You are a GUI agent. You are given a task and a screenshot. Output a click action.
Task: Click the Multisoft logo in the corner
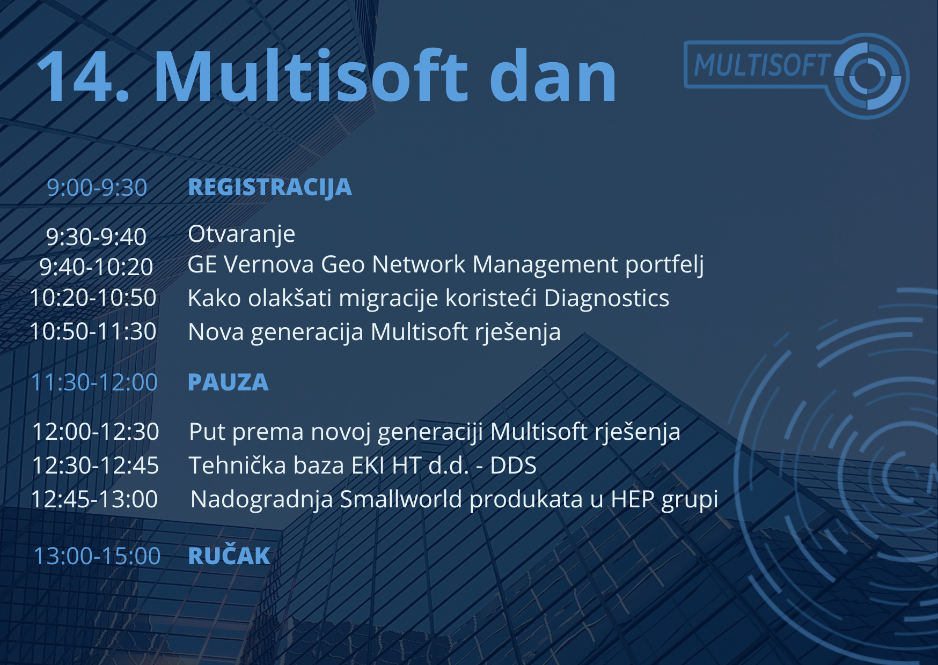pos(796,75)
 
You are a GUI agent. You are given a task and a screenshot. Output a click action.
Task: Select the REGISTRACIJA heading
pos(270,188)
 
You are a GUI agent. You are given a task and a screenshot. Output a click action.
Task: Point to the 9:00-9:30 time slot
pos(97,188)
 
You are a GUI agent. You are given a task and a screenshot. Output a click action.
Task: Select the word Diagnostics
pos(606,298)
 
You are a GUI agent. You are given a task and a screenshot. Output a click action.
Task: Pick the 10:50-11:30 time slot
pos(93,331)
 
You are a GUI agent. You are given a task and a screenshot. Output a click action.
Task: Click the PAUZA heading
pos(228,382)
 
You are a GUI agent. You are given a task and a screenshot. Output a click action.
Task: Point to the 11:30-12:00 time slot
pos(94,382)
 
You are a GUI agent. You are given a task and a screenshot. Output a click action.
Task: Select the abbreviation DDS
pos(514,465)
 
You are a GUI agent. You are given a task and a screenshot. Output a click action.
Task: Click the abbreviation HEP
pos(633,499)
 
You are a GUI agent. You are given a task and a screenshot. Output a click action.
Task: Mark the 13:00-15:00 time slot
pos(97,556)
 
